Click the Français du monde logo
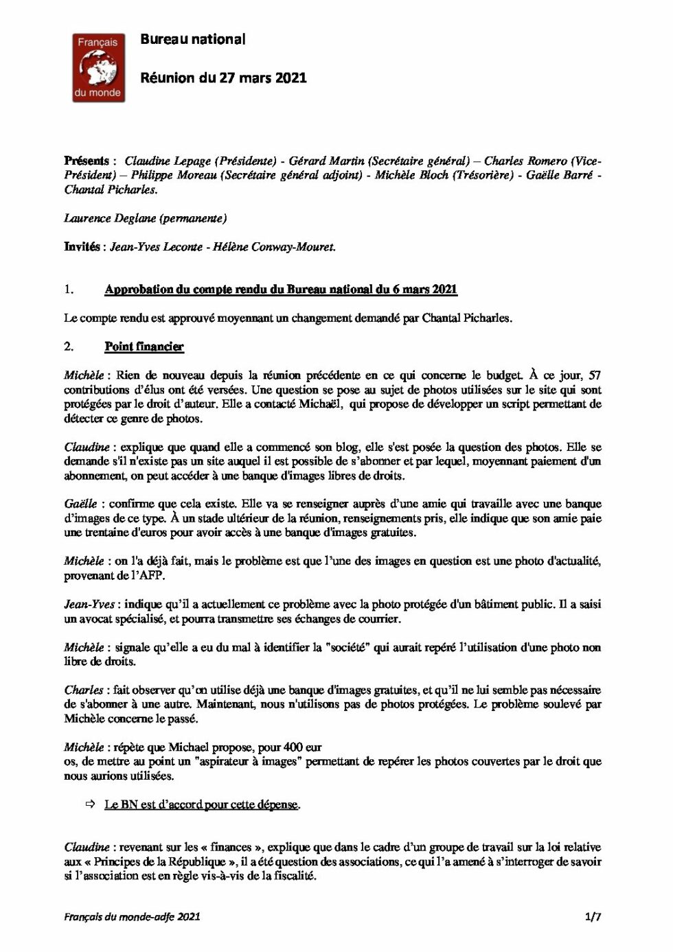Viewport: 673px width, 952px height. pos(99,67)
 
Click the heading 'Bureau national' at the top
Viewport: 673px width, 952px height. pos(192,39)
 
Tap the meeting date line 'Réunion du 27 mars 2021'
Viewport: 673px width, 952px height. pos(223,78)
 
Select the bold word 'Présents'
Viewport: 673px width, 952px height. pos(87,161)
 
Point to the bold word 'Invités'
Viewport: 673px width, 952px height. pos(82,246)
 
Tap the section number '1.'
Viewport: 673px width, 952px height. pos(69,289)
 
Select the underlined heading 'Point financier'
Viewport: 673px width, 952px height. pos(144,347)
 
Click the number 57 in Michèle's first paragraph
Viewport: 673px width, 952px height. pos(595,375)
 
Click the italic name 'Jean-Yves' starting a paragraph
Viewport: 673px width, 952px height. pos(89,604)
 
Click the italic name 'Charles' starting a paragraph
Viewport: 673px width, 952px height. pos(84,690)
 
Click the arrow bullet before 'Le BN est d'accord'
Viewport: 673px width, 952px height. pos(90,804)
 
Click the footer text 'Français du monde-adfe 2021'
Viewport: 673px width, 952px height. pos(132,916)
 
